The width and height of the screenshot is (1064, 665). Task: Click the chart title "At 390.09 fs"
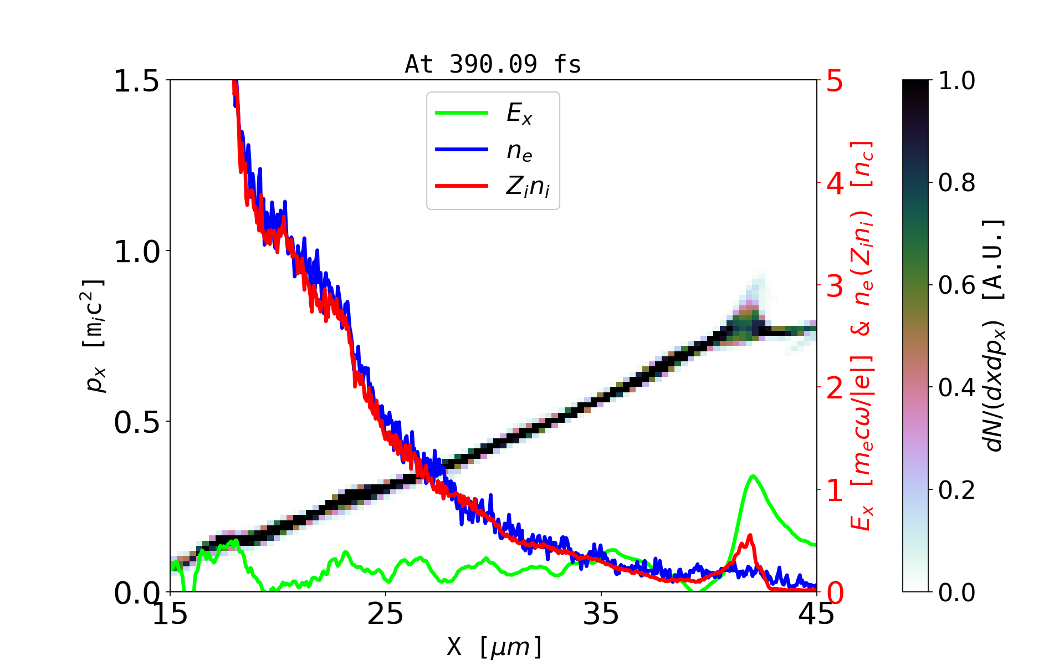click(x=493, y=64)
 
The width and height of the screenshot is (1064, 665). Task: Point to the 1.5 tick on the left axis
click(x=136, y=81)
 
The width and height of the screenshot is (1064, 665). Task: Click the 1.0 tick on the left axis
click(x=136, y=252)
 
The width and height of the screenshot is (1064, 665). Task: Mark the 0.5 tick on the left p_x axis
click(x=136, y=422)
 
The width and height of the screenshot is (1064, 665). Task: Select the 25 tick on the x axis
click(x=386, y=614)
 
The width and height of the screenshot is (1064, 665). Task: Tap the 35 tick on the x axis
click(x=601, y=614)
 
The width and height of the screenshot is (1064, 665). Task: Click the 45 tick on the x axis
click(x=817, y=614)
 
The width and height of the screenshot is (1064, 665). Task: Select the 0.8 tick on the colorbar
click(x=956, y=183)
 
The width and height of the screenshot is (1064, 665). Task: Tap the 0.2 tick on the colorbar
click(x=956, y=490)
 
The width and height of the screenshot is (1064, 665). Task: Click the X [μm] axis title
click(x=494, y=646)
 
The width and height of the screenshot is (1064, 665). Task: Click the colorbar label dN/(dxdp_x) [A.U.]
click(x=993, y=335)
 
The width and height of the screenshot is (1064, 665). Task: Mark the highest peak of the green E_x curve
click(x=753, y=475)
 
